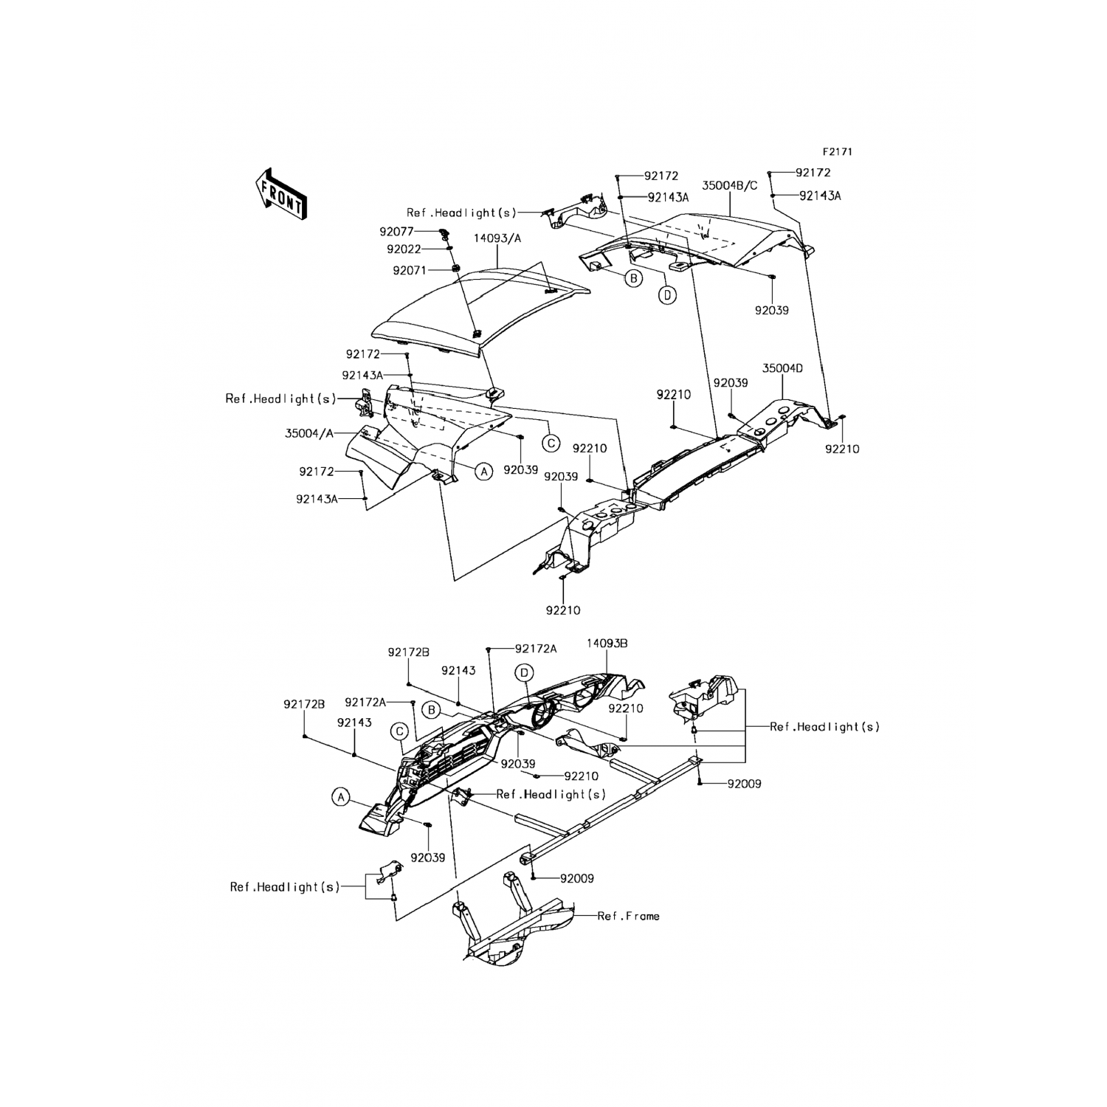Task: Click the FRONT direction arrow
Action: pos(280,193)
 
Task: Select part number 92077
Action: pos(396,232)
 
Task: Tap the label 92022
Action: pos(404,249)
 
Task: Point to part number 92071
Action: pos(410,271)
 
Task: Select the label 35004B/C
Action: pos(729,186)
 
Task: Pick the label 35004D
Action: pos(782,368)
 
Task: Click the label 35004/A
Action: pos(309,434)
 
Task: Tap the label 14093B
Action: pos(607,644)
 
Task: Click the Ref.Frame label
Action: pos(628,916)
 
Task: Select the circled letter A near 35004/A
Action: pos(483,471)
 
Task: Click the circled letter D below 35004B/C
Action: pos(666,295)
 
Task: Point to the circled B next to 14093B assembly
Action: pos(432,710)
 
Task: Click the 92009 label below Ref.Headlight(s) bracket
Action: pos(743,784)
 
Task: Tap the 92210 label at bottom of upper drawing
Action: pos(563,610)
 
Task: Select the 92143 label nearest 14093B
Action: pos(458,671)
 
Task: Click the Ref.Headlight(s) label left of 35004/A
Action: pos(280,399)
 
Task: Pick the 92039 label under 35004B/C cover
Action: pos(771,311)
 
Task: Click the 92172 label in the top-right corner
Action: pos(813,173)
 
